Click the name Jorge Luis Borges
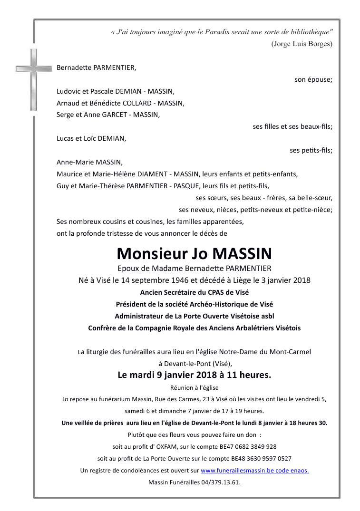[302, 44]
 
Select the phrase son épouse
[313, 79]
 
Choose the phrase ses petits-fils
[311, 150]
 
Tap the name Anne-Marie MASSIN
[89, 162]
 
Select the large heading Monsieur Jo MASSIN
[195, 252]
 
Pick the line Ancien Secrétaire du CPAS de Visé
[194, 292]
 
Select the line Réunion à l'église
[194, 387]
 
